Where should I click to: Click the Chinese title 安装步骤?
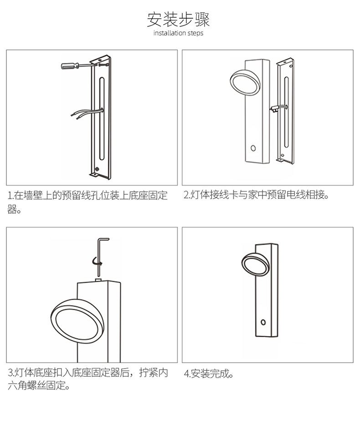[178, 20]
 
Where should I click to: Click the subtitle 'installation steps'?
[178, 33]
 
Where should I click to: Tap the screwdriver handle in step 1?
[70, 66]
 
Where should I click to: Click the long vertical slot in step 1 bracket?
[102, 119]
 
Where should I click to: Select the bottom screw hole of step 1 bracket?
[97, 169]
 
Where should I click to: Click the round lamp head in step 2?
[245, 81]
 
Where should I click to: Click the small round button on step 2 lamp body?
[253, 148]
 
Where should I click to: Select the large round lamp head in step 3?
[77, 321]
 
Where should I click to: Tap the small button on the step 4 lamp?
[263, 322]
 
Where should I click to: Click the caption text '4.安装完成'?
[208, 374]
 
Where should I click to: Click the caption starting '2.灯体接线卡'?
[256, 195]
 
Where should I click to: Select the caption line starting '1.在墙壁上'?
[87, 196]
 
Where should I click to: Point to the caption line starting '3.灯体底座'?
[88, 372]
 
